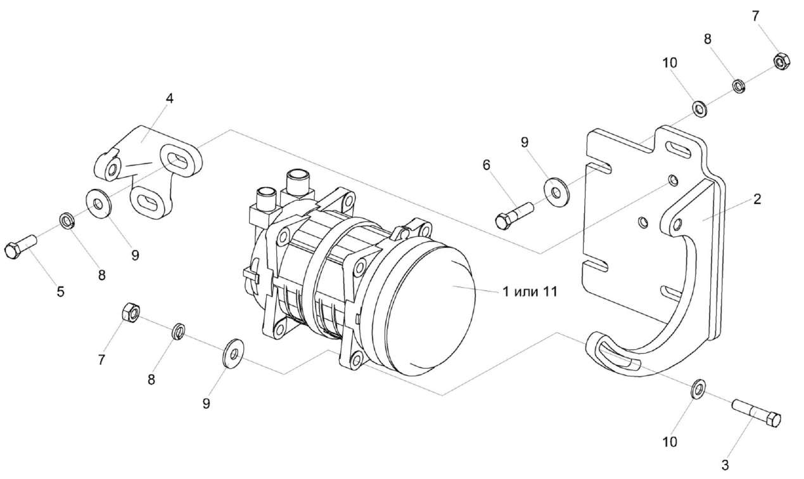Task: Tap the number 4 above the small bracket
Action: (169, 98)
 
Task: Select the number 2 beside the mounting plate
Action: (756, 199)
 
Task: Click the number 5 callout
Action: (61, 293)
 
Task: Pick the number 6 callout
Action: (486, 165)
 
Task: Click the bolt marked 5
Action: (21, 247)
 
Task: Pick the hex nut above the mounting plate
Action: (781, 61)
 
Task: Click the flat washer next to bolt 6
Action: (555, 189)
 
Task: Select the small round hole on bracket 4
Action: (112, 169)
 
